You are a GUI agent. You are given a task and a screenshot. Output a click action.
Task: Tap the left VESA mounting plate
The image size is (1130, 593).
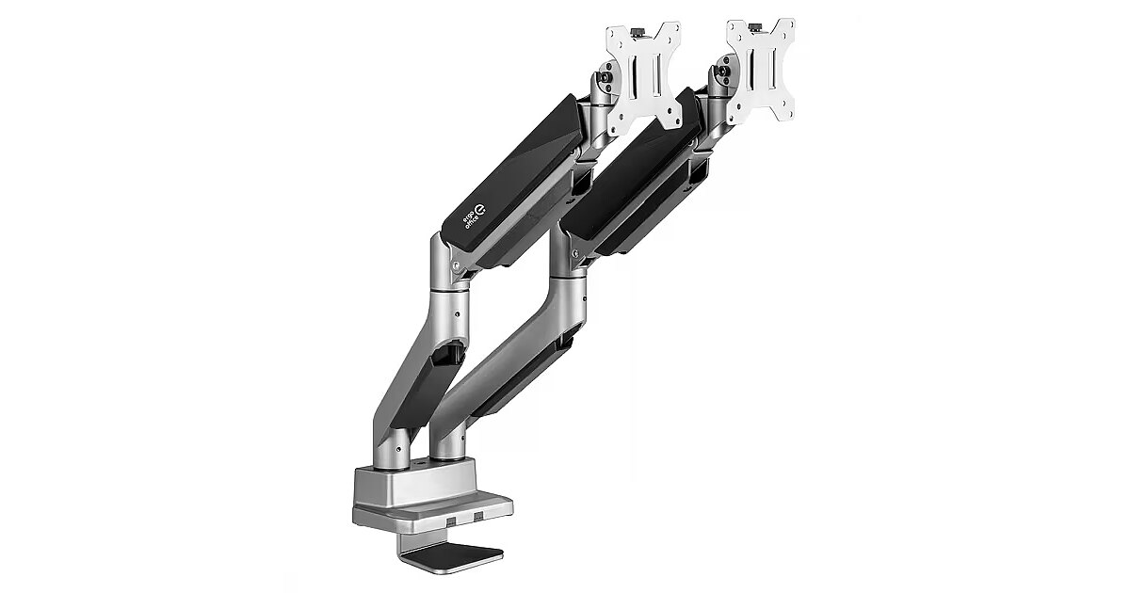644,75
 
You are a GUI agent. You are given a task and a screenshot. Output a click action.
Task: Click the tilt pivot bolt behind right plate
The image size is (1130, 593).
725,71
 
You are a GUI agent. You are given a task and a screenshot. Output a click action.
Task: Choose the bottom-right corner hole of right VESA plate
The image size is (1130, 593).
783,111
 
